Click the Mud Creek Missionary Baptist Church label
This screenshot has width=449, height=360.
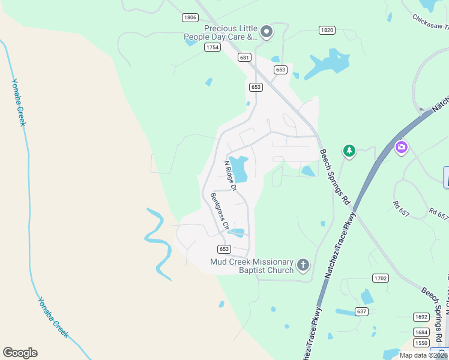(x=252, y=266)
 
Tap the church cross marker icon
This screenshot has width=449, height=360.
(x=304, y=265)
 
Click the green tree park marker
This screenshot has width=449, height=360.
(x=349, y=151)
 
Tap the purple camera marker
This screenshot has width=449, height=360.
(x=402, y=146)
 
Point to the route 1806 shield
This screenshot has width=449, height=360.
(x=190, y=18)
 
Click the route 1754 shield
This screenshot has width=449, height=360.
(x=212, y=47)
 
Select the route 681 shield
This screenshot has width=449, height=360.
(x=244, y=58)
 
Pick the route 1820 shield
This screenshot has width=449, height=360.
(x=327, y=30)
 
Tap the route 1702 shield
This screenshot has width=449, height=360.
(x=381, y=278)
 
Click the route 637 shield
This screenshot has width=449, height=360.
(x=361, y=311)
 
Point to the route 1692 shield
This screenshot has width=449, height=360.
(x=421, y=317)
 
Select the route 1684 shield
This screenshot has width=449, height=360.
(x=421, y=332)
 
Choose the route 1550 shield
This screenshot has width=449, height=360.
(x=421, y=343)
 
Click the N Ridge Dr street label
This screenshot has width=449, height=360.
(x=231, y=175)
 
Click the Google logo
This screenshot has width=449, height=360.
(x=20, y=353)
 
